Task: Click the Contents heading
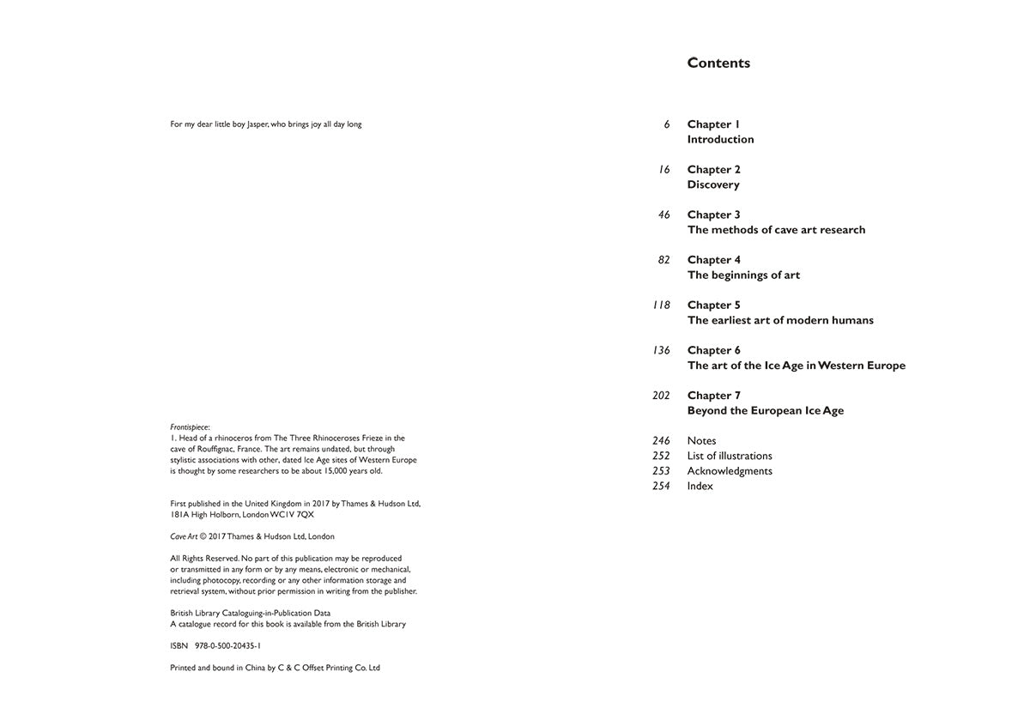click(x=718, y=63)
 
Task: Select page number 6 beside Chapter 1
click(x=666, y=124)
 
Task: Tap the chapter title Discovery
click(x=712, y=185)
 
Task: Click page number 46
click(x=663, y=215)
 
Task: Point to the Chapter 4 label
click(x=713, y=260)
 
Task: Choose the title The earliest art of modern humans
click(x=779, y=320)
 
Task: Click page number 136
click(x=661, y=350)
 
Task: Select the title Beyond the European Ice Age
click(x=765, y=410)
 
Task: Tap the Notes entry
click(x=701, y=441)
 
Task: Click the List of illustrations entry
click(x=729, y=456)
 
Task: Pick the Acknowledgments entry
click(x=729, y=471)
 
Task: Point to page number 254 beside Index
click(x=660, y=486)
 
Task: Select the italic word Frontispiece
click(x=190, y=427)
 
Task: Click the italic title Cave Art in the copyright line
click(x=184, y=536)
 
